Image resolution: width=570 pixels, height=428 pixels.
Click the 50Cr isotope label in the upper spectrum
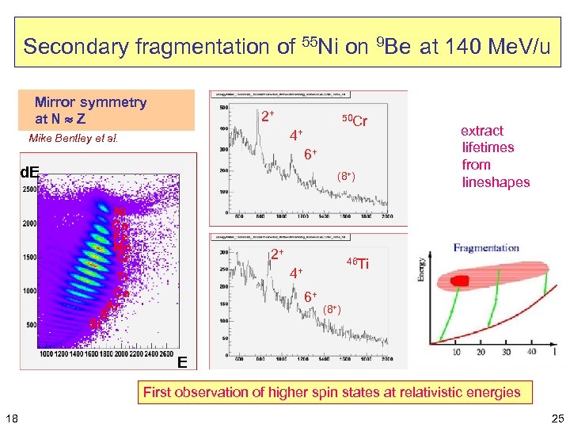[354, 120]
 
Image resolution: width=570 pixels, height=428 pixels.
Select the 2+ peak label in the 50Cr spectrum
[268, 117]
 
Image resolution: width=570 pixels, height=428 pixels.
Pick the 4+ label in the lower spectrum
[295, 273]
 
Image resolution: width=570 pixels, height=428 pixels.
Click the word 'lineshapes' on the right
[496, 182]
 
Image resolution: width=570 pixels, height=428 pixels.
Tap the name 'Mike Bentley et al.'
[73, 139]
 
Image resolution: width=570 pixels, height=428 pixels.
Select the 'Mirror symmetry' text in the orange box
[90, 102]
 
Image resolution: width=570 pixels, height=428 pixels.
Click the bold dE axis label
[29, 170]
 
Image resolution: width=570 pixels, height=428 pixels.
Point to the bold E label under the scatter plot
[182, 363]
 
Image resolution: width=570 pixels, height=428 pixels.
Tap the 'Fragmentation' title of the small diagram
[486, 247]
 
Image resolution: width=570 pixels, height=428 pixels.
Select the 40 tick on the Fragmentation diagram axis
[532, 351]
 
